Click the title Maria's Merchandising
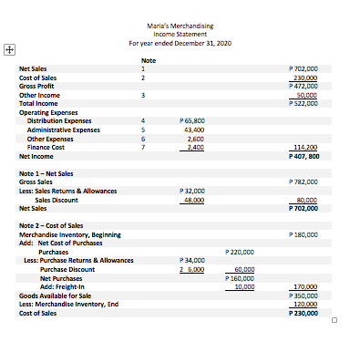[180, 28]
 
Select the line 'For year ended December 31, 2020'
[180, 43]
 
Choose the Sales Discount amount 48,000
[190, 199]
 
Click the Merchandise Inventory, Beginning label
[69, 233]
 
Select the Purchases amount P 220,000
[239, 251]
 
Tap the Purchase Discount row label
[67, 269]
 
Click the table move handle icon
[9, 50]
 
